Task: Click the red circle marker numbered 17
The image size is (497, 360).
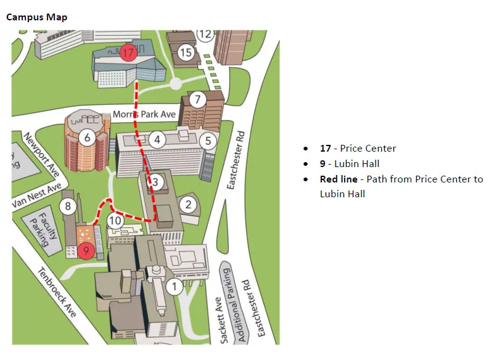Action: click(x=128, y=53)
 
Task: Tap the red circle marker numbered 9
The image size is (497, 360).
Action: click(x=86, y=250)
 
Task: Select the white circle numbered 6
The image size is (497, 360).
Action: click(x=88, y=137)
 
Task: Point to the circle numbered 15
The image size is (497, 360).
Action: click(x=186, y=53)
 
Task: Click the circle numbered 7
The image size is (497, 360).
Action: click(x=197, y=99)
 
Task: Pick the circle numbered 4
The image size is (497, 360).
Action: click(x=158, y=139)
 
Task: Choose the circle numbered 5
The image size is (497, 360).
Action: click(x=208, y=141)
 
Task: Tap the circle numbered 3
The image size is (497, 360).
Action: click(x=155, y=182)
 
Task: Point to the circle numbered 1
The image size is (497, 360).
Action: click(x=175, y=285)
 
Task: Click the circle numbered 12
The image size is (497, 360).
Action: click(x=205, y=34)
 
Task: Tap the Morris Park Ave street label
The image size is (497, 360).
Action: click(x=144, y=115)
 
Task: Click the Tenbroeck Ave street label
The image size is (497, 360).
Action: click(x=57, y=292)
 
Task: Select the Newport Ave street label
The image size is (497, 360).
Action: click(x=42, y=152)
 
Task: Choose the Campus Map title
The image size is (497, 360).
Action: click(x=36, y=17)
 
